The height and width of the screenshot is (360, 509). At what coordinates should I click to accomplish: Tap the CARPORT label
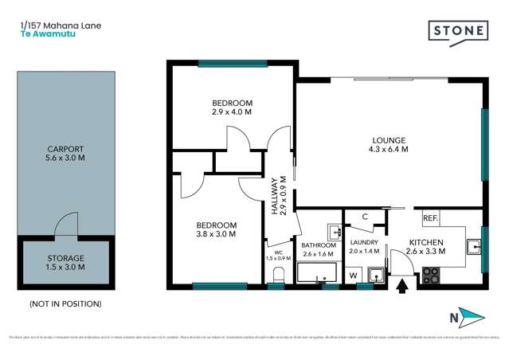click(x=65, y=149)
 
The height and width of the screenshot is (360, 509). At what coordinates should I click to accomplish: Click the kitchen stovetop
click(x=431, y=276)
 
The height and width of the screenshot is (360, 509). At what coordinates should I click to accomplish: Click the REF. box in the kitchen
click(x=430, y=217)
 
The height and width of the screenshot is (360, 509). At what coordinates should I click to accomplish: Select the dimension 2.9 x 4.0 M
click(x=232, y=113)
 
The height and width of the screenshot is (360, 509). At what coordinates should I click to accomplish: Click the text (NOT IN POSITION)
click(x=65, y=303)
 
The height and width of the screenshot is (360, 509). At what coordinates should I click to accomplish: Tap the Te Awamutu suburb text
click(x=42, y=35)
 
